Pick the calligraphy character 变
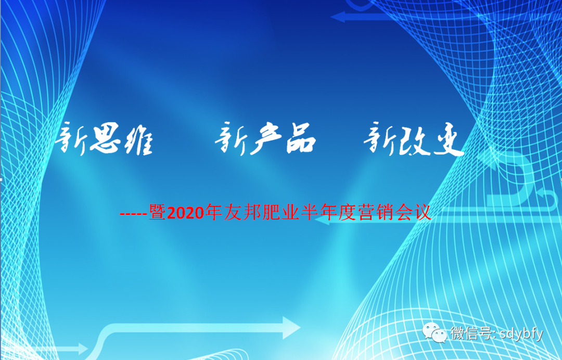click(x=449, y=140)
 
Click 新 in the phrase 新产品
click(x=231, y=138)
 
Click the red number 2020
click(x=185, y=213)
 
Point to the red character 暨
click(x=157, y=213)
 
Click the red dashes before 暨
click(x=134, y=214)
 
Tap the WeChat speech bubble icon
click(x=435, y=332)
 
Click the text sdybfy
click(x=521, y=334)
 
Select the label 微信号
click(x=471, y=333)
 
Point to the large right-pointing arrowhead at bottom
click(x=291, y=327)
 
